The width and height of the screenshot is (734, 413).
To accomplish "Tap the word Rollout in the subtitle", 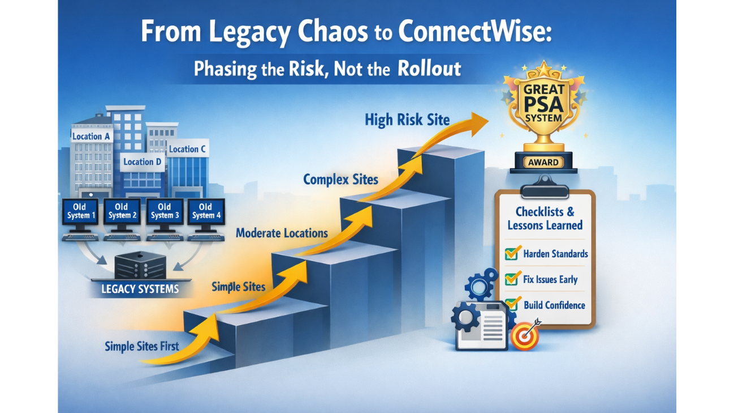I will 429,69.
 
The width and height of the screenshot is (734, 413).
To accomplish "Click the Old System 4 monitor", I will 206,212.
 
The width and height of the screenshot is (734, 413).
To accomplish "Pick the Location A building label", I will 91,137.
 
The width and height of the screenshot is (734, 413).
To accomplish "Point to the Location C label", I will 187,149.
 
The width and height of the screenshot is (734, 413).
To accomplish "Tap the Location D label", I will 142,162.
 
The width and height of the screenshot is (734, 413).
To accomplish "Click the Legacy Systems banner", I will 140,289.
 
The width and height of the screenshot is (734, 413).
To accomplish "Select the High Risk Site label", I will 407,120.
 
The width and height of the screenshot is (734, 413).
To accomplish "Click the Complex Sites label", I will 340,180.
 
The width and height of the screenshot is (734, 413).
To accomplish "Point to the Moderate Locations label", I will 282,233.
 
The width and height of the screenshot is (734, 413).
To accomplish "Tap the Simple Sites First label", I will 142,346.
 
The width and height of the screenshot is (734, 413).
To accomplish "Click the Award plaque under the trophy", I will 543,163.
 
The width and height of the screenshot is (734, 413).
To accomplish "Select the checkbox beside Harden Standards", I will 512,253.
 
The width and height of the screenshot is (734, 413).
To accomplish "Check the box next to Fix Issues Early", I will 512,279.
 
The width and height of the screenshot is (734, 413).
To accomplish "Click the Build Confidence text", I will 554,305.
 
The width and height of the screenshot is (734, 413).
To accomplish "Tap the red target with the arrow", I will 525,336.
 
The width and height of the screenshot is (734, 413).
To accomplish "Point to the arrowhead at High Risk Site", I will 479,121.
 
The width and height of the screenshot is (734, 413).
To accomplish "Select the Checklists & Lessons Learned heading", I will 545,219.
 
